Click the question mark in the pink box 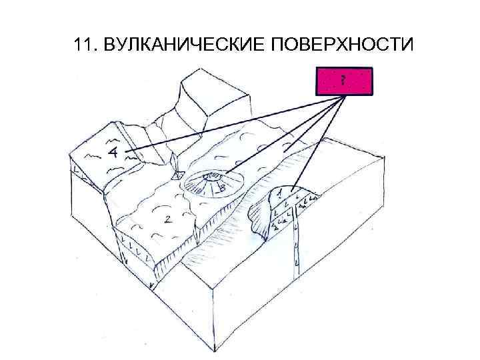click(342, 81)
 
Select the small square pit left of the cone click(178, 177)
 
